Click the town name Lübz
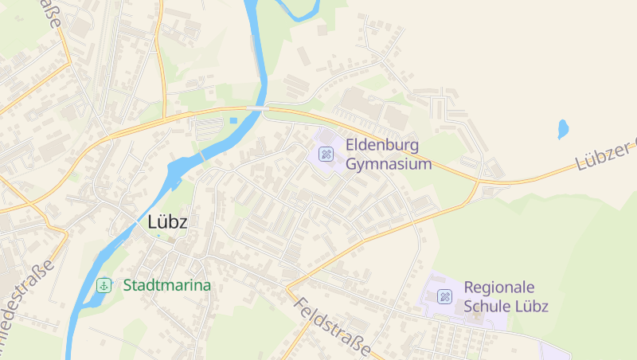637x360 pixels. tap(167, 222)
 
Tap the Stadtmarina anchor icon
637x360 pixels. tap(104, 285)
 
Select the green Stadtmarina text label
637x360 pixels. tap(166, 285)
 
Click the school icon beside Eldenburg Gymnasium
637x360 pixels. tap(325, 154)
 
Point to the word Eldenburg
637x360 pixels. tap(383, 146)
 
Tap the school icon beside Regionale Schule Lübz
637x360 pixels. tap(444, 297)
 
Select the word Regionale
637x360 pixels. tap(499, 287)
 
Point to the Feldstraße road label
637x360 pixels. tap(333, 327)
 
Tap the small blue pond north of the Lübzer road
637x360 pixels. tap(563, 128)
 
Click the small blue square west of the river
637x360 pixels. tap(233, 121)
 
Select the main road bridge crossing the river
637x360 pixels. tap(256, 108)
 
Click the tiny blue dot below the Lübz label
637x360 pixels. tap(158, 236)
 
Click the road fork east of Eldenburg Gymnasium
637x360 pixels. tap(479, 182)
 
